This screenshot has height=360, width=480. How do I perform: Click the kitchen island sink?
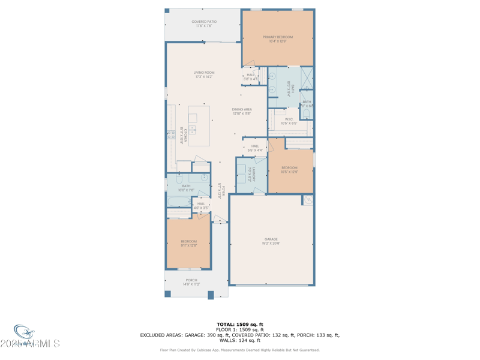(193, 129)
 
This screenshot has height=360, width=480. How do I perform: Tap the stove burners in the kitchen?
(170, 135)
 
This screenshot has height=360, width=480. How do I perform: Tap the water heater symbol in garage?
(308, 200)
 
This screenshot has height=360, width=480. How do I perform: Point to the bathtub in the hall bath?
(178, 202)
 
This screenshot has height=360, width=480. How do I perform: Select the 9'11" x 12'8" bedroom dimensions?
(189, 245)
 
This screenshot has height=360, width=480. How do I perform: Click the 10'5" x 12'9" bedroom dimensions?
(289, 172)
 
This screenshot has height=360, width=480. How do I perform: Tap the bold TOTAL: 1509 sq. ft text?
(239, 324)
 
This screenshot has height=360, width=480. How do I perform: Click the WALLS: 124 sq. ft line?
(239, 340)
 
